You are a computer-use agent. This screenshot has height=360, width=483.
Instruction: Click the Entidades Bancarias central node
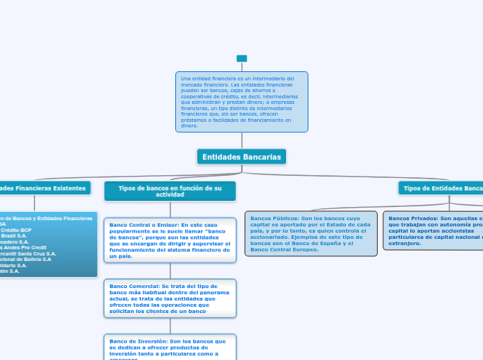[x=241, y=157]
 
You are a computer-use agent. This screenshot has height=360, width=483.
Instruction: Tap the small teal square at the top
[x=241, y=58]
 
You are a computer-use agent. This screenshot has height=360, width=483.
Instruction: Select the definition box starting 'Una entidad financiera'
[x=241, y=102]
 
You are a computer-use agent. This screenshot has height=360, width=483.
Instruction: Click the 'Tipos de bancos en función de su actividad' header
[x=170, y=191]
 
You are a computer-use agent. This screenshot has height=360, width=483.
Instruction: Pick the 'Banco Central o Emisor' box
[x=170, y=240]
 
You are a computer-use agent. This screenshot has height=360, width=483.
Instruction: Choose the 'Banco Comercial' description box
[x=170, y=298]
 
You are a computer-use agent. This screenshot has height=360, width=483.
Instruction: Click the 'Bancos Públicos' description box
[x=311, y=233]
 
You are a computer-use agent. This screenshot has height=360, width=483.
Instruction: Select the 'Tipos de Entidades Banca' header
[x=442, y=188]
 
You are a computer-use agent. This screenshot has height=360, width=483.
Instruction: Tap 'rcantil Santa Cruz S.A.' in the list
[x=28, y=253]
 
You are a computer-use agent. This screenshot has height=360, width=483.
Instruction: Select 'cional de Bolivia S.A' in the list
[x=26, y=259]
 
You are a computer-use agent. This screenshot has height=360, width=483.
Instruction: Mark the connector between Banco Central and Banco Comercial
[x=170, y=271]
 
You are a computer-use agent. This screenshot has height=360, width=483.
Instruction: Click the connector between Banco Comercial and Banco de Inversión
[x=170, y=326]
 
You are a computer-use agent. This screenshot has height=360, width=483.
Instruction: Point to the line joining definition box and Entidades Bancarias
[x=242, y=141]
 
